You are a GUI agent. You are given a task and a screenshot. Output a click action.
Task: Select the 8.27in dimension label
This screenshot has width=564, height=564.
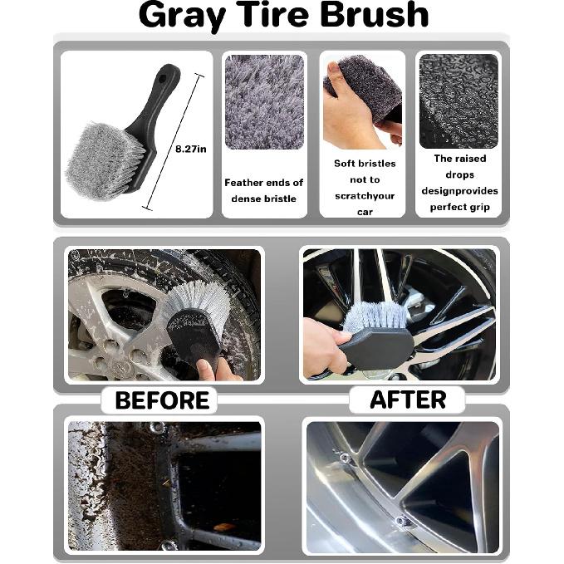[190, 149]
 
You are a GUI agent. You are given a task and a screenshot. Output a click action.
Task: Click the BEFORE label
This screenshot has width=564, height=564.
[161, 400]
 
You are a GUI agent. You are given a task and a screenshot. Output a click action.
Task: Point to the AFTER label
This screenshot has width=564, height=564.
[407, 400]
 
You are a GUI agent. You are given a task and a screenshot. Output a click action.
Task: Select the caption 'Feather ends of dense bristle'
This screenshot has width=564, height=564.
[264, 190]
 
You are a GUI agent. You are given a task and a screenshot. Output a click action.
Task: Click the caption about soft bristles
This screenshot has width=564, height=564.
[364, 187]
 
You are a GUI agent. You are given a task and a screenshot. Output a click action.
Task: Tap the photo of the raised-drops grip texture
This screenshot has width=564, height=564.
[459, 101]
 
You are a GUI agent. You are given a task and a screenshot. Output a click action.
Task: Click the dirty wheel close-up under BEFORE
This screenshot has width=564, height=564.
[164, 485]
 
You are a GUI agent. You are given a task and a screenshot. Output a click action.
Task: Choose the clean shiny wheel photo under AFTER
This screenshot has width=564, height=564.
[402, 485]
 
